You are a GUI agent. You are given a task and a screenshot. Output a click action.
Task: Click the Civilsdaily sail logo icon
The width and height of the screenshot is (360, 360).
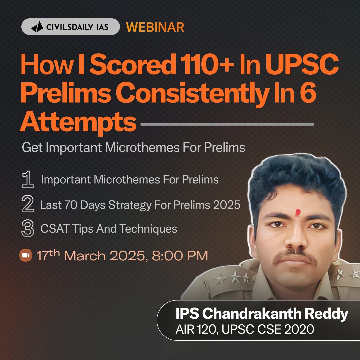pos(37,27)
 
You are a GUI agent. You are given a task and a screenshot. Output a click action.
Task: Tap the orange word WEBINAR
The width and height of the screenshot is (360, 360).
pos(155,27)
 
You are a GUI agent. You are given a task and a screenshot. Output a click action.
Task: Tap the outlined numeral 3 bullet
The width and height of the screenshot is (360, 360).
pos(27,229)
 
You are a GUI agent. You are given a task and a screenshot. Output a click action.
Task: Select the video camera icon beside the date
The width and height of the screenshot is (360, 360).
pos(26,256)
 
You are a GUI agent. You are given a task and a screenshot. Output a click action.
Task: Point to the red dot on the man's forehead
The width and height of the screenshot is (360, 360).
pos(298,211)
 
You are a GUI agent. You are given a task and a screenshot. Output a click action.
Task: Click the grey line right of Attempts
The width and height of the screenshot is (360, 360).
pos(227,125)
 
